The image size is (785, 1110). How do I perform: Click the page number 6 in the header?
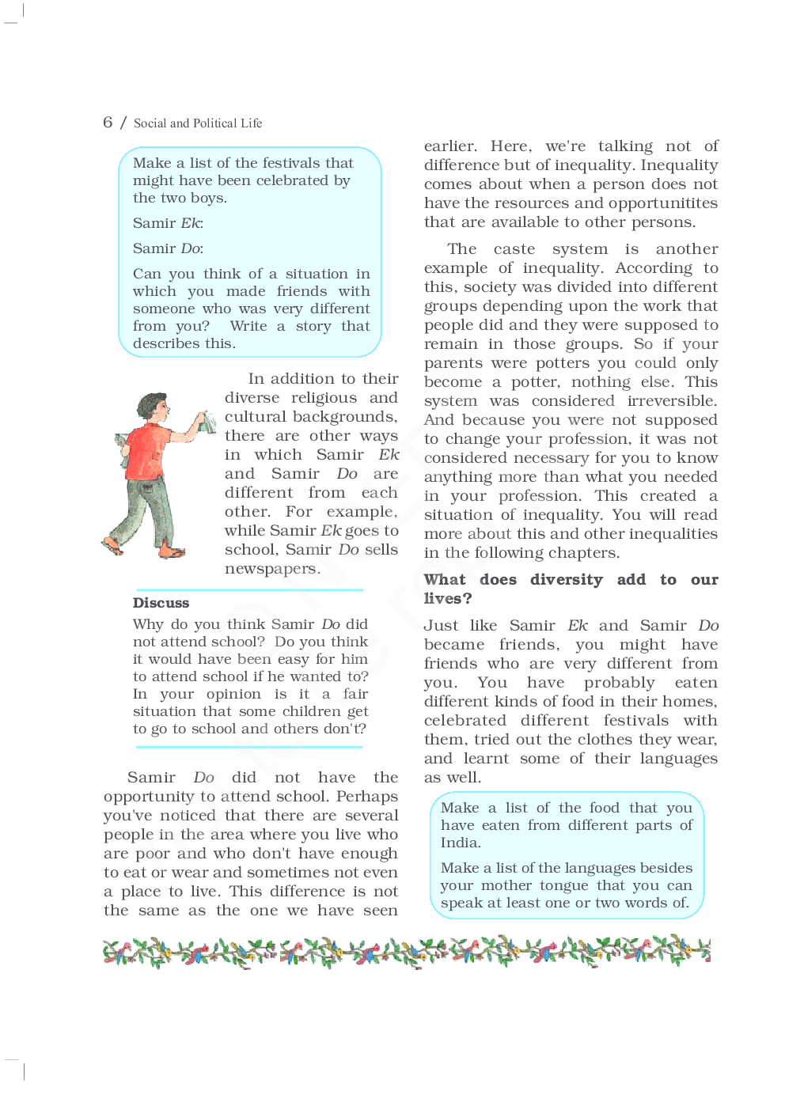coord(108,122)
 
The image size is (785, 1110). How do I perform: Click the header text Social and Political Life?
coord(198,123)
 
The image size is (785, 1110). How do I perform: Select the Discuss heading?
coord(161,603)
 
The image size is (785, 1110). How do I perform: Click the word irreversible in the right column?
coord(672,401)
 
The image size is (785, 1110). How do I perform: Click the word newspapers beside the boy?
coord(271,569)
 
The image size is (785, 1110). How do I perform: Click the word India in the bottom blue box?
coord(460,843)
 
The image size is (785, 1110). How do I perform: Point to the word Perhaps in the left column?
coord(367,797)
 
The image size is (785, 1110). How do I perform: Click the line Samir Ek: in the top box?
coord(168,223)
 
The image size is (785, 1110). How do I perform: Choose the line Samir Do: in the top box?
coord(168,248)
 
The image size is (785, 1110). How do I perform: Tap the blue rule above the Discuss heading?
coord(248,590)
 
